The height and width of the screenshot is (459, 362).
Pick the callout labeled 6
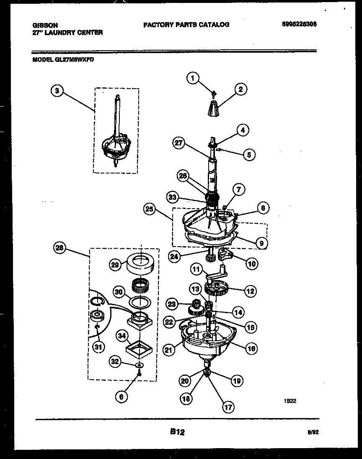(x=121, y=398)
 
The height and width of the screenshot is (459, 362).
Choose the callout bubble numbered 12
(x=251, y=291)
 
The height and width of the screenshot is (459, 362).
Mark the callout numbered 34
(x=122, y=335)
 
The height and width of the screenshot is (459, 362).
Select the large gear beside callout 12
(x=217, y=289)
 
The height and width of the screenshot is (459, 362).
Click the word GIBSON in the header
(x=45, y=25)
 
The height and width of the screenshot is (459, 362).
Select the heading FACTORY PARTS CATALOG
(x=186, y=25)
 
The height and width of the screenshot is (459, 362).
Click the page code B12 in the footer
(x=178, y=432)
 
